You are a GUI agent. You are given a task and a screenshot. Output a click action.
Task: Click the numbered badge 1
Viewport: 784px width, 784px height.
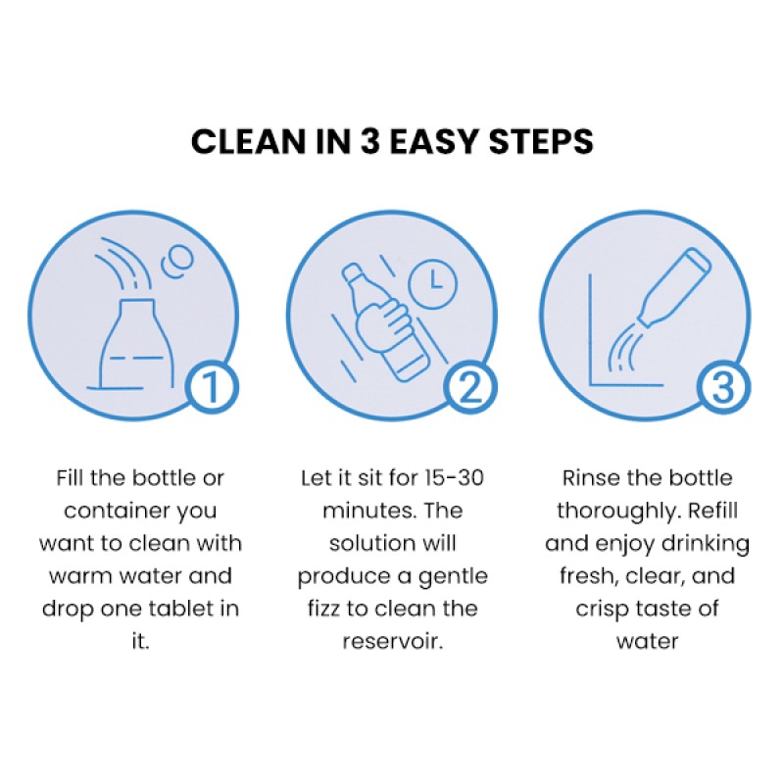point(212,388)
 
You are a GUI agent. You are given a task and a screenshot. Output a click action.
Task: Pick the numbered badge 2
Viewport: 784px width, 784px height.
point(466,388)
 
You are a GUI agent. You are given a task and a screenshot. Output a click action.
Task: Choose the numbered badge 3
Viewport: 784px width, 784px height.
point(722,388)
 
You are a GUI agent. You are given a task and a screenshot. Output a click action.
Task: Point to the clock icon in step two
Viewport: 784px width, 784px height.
point(432,281)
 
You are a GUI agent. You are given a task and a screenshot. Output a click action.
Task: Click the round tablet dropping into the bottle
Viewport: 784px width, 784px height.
point(179,261)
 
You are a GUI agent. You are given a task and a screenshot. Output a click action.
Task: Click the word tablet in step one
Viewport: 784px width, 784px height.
point(174,608)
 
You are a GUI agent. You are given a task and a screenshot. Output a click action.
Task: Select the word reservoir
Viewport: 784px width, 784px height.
point(392,640)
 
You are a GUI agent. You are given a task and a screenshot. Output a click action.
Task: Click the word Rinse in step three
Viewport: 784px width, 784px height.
point(589,478)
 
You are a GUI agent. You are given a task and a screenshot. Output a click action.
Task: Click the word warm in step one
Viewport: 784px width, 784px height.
point(79,575)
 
